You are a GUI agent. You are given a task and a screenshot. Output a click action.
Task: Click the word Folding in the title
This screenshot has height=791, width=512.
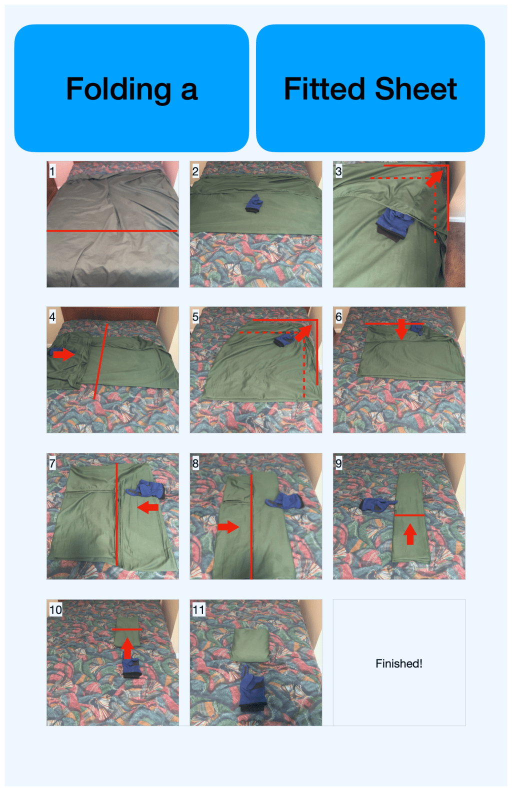pos(118,89)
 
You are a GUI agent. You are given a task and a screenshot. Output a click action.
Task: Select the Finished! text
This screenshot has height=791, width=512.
pos(398,663)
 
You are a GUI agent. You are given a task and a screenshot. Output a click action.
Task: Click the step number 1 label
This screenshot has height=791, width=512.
pos(52,171)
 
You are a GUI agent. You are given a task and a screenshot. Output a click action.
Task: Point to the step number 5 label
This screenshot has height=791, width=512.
pos(195,317)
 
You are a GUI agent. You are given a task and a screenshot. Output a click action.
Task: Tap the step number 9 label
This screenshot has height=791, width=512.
pos(338,463)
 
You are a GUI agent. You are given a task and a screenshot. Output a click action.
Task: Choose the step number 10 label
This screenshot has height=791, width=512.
pos(55,609)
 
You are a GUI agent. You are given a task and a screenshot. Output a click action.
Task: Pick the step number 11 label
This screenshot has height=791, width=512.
pos(198,609)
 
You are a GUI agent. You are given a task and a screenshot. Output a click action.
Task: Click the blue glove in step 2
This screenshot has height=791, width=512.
pos(254,204)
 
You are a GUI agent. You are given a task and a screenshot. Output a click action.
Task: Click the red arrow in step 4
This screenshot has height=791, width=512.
pos(64,354)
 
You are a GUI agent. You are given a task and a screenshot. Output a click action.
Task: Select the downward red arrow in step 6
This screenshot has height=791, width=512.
pos(401,329)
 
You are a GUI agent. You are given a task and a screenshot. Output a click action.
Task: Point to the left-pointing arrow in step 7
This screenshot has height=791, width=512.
pos(147,508)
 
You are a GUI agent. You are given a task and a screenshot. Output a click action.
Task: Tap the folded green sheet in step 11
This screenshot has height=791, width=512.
pos(250,645)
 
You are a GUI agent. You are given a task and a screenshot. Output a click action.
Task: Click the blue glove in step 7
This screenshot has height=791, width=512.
pos(146,489)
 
